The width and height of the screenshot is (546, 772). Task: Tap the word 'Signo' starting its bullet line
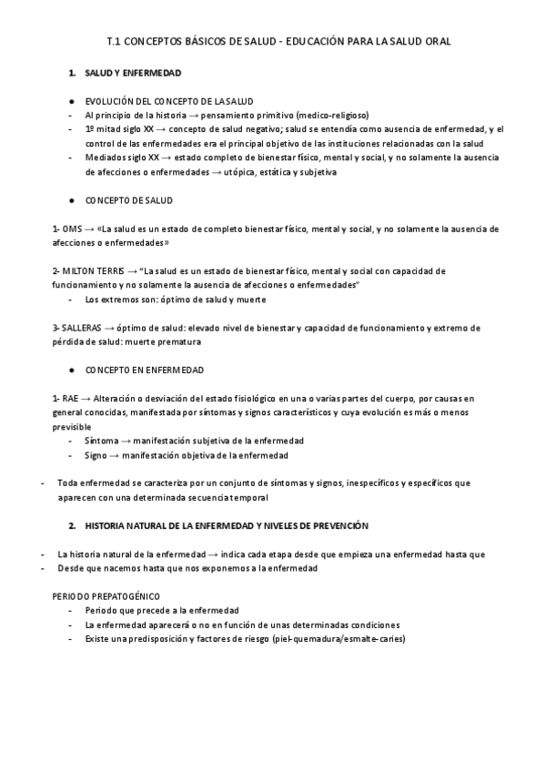96,455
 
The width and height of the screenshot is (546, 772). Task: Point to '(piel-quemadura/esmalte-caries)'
336,639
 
